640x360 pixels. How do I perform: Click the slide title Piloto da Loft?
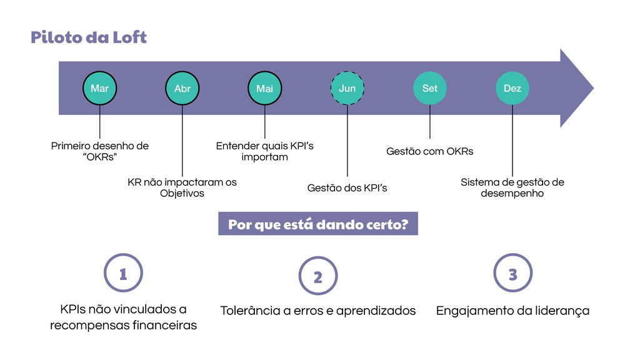tap(88, 37)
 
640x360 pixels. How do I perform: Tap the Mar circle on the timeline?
tap(99, 88)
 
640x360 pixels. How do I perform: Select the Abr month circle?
tap(182, 88)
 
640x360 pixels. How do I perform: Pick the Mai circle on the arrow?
tap(264, 88)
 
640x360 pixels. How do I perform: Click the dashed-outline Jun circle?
tap(347, 88)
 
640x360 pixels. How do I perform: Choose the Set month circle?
tap(430, 88)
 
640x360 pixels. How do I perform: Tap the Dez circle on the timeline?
tap(512, 88)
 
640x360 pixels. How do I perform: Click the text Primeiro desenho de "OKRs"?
tap(100, 151)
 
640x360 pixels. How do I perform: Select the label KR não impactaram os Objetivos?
tap(182, 187)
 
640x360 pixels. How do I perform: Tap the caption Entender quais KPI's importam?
tap(264, 151)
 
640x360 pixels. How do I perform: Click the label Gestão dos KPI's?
tap(347, 187)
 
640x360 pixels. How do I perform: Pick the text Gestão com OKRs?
tap(430, 151)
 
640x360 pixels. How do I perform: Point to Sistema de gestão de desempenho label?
tap(512, 187)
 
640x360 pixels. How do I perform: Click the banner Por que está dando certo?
tap(317, 224)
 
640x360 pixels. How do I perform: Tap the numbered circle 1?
tap(123, 274)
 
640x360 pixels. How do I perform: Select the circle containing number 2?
tap(317, 276)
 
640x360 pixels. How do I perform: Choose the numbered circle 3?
tap(512, 274)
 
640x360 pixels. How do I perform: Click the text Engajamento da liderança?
tap(512, 311)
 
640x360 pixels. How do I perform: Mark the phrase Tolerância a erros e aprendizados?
tap(317, 311)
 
